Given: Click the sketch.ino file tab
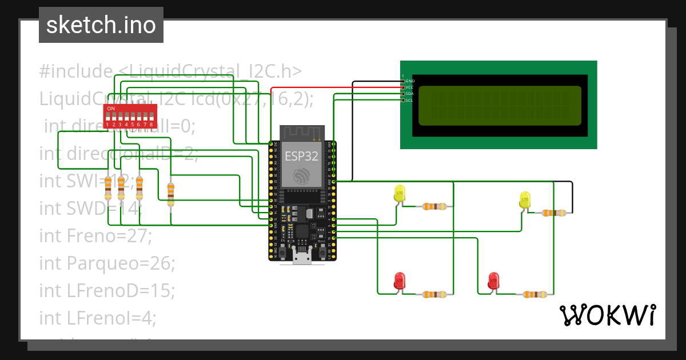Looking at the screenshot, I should coord(101,25).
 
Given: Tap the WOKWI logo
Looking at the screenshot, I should coord(607,315).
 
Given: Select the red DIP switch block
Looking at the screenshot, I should coord(130,116).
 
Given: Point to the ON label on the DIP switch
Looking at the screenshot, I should coord(111,109).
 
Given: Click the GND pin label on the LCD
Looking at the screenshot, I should coord(409,81).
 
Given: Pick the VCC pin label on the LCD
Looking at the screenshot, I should coord(409,87).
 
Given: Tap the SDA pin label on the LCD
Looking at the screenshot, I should coord(409,94).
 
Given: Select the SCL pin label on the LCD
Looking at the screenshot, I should coord(409,100).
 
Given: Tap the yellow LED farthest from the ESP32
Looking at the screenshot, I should coord(525,200).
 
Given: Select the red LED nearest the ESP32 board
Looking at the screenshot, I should coord(400,281).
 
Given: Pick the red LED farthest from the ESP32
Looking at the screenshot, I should coord(493,281).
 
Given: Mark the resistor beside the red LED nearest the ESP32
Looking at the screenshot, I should coord(434,295).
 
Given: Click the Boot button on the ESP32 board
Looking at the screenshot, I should coord(321,250).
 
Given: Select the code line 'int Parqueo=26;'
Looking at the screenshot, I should coord(107,263).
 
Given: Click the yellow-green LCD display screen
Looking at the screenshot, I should coord(500,106).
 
